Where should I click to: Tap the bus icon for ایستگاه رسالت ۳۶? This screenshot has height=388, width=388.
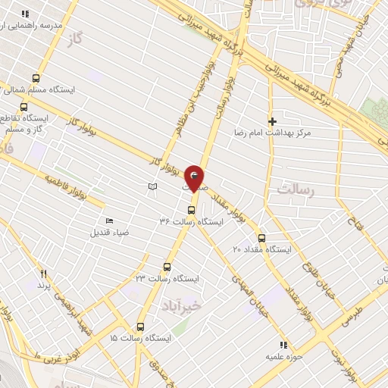click(x=190, y=210)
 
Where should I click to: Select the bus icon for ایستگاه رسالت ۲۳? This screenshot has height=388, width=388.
click(x=167, y=267)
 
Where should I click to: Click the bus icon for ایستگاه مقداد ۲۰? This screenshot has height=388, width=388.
click(x=262, y=237)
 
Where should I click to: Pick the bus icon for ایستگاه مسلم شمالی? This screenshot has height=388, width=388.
click(x=36, y=78)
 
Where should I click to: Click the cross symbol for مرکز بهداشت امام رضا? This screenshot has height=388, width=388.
click(x=273, y=120)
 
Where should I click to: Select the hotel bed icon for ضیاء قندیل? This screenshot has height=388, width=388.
click(x=110, y=221)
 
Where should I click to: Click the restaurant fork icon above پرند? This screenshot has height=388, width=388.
click(x=43, y=274)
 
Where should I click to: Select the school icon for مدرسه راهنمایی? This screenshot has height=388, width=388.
click(x=25, y=14)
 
